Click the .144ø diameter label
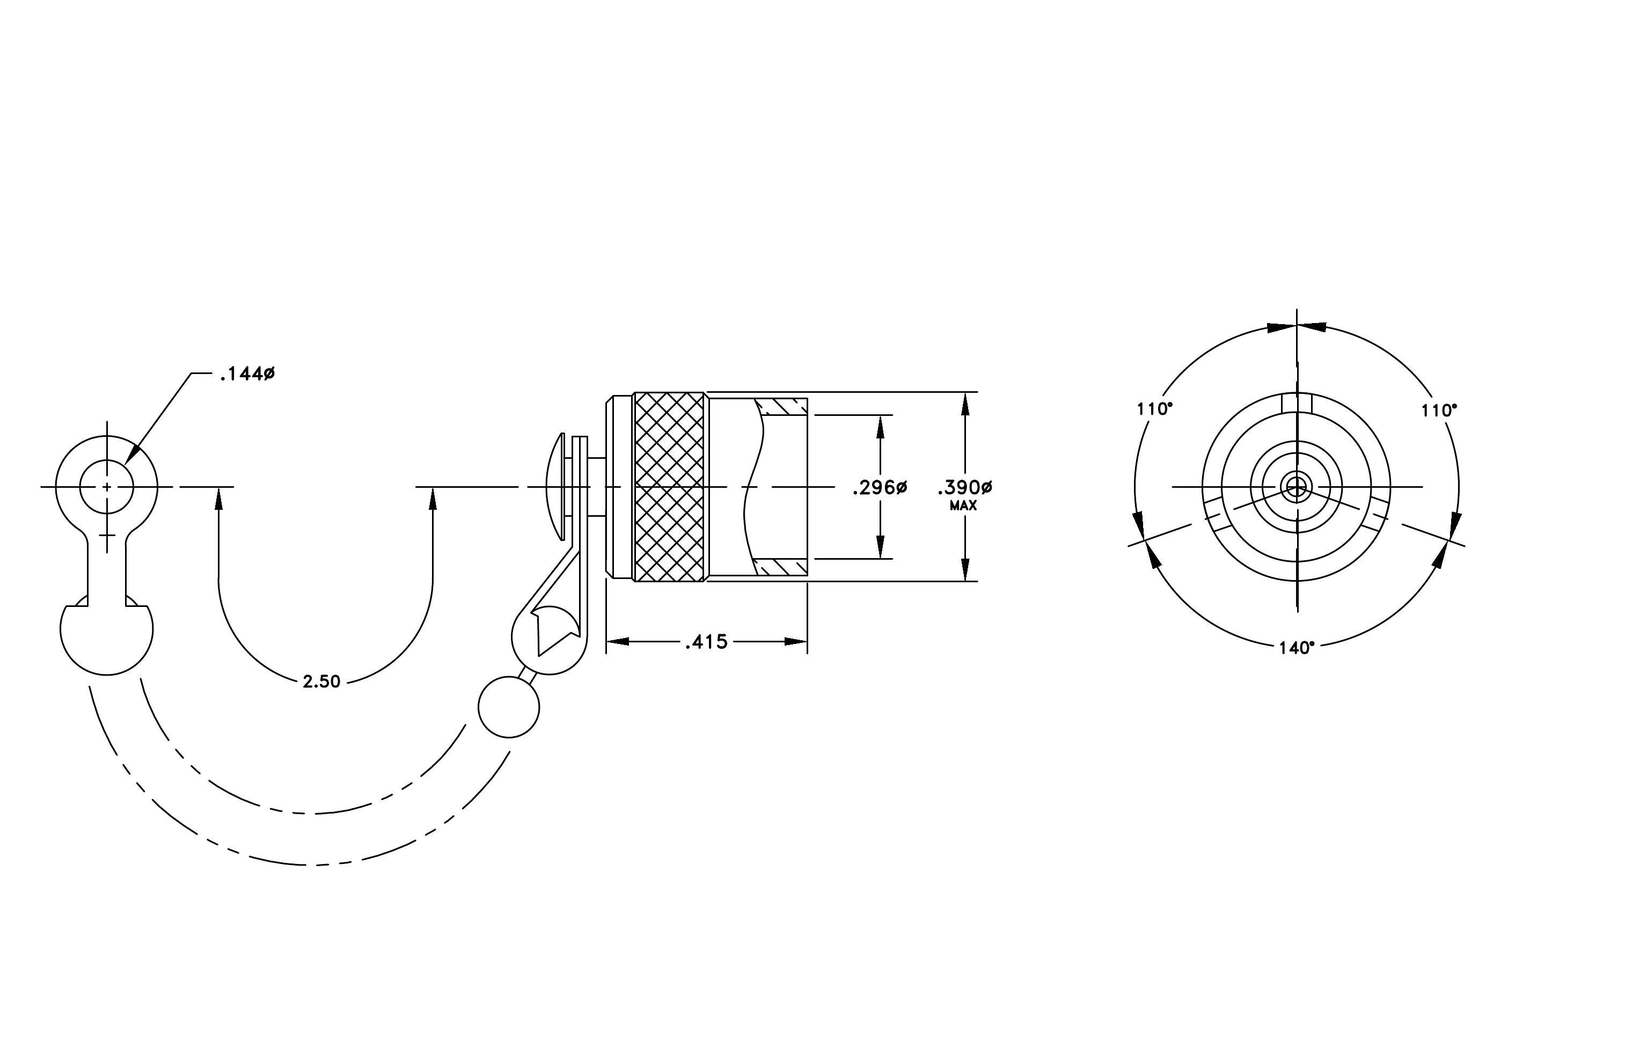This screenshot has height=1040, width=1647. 247,374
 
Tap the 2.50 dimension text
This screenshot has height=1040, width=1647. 321,682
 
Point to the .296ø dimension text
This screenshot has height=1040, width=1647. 880,487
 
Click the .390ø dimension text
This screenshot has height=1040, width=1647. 964,487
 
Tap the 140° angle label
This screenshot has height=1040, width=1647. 1297,648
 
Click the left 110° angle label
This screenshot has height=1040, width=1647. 1154,409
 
